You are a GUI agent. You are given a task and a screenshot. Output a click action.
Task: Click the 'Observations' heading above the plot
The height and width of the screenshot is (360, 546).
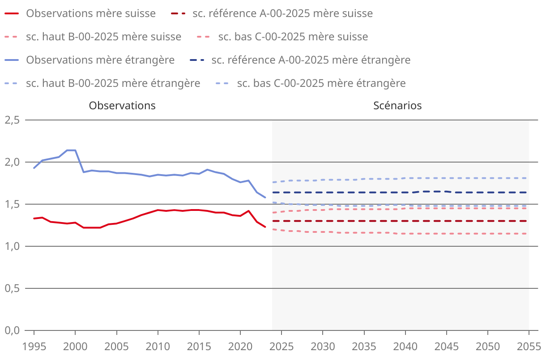pos(122,106)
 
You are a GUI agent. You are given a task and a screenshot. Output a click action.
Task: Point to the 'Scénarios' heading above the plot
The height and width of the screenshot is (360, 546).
pos(397,106)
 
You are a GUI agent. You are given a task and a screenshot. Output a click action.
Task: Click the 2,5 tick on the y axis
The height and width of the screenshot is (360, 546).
pos(12,120)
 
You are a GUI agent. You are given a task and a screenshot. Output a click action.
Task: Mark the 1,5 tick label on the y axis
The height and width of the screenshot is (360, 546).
pos(12,204)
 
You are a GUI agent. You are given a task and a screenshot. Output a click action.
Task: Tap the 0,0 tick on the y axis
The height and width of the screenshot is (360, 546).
pos(12,330)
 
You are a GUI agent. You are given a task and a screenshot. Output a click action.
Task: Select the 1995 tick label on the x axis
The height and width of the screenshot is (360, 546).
pos(34,346)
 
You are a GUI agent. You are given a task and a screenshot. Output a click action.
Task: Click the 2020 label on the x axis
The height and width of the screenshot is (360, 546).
pos(240,346)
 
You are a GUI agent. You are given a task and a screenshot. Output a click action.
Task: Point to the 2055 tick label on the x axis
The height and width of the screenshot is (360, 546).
pos(529,346)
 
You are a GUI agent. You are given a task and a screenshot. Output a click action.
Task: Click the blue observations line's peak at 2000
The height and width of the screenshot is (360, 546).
pos(75,150)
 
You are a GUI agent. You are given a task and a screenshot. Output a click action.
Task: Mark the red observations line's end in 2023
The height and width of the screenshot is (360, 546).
pos(265,227)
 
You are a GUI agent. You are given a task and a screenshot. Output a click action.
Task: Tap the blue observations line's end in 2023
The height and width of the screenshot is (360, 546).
pos(265,197)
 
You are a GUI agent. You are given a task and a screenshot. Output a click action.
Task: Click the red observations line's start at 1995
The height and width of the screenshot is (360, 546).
pos(34,219)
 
